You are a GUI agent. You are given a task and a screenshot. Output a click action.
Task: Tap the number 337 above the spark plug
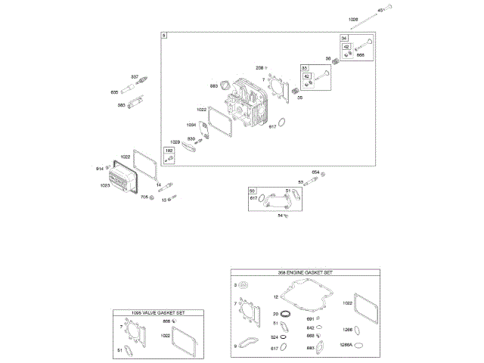tap(135, 77)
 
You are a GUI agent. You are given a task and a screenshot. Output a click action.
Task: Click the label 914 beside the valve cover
tap(100, 168)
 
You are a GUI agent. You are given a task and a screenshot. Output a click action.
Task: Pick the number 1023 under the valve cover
tap(105, 185)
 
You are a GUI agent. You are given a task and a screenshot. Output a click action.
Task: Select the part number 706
tap(144, 197)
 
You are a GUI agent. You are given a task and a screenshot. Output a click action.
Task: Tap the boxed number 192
tap(169, 151)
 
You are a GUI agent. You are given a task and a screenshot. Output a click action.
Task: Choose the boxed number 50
tap(253, 191)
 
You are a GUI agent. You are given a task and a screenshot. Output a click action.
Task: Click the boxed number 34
tap(344, 38)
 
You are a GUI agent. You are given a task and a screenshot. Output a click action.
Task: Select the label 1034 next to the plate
tap(191, 125)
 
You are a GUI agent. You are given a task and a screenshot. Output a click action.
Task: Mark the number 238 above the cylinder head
tap(259, 68)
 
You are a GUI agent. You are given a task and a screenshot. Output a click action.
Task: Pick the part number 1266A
tap(349, 344)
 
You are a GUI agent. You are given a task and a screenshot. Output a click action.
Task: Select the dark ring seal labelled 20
tap(286, 313)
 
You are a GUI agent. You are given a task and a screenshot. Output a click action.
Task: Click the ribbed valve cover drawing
tap(129, 178)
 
